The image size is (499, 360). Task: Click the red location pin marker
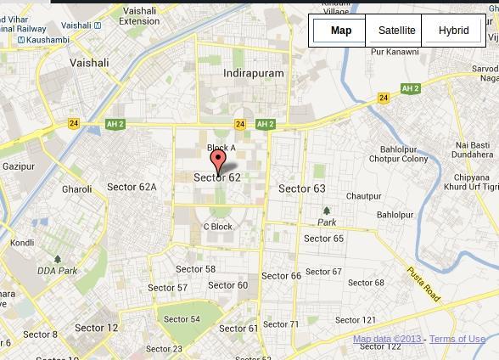pos(218,160)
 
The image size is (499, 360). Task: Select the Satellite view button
pos(396,31)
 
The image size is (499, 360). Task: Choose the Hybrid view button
pos(453,31)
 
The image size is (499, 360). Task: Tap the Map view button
pos(341,31)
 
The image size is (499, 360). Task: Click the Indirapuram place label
pos(253,74)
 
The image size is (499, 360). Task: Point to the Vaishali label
pos(89,63)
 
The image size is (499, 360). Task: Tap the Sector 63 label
pos(301,188)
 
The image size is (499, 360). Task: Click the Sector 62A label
pos(132,187)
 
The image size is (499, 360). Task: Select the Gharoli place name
pos(76,189)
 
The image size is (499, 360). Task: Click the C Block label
pos(218,227)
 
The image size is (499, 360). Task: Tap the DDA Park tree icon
pos(58,259)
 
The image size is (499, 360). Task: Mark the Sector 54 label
pos(182,319)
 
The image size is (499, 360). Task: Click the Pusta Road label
pos(423,285)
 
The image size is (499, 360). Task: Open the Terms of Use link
pos(457,340)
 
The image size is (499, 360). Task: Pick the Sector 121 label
pos(356,320)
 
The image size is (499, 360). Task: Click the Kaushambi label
pos(48,40)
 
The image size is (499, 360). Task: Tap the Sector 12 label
pos(97,328)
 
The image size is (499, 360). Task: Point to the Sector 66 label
pos(281,276)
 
